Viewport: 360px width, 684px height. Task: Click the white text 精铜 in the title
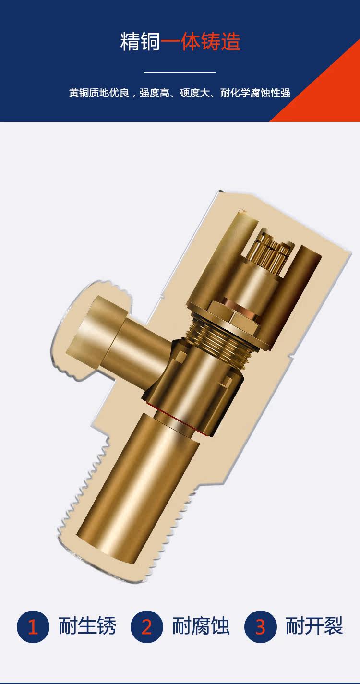pyautogui.click(x=140, y=42)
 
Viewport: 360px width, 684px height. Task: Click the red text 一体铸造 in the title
pyautogui.click(x=201, y=42)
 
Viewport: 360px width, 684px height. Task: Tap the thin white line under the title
pyautogui.click(x=180, y=72)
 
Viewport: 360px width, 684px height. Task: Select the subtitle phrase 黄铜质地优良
pyautogui.click(x=99, y=93)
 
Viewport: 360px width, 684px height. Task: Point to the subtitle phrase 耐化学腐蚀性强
pyautogui.click(x=255, y=93)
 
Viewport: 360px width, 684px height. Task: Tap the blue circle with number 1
pyautogui.click(x=33, y=626)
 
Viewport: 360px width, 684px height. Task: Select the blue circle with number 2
pyautogui.click(x=146, y=626)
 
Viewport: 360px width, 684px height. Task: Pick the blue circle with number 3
pyautogui.click(x=260, y=626)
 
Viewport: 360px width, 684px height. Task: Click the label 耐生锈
pyautogui.click(x=87, y=626)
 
